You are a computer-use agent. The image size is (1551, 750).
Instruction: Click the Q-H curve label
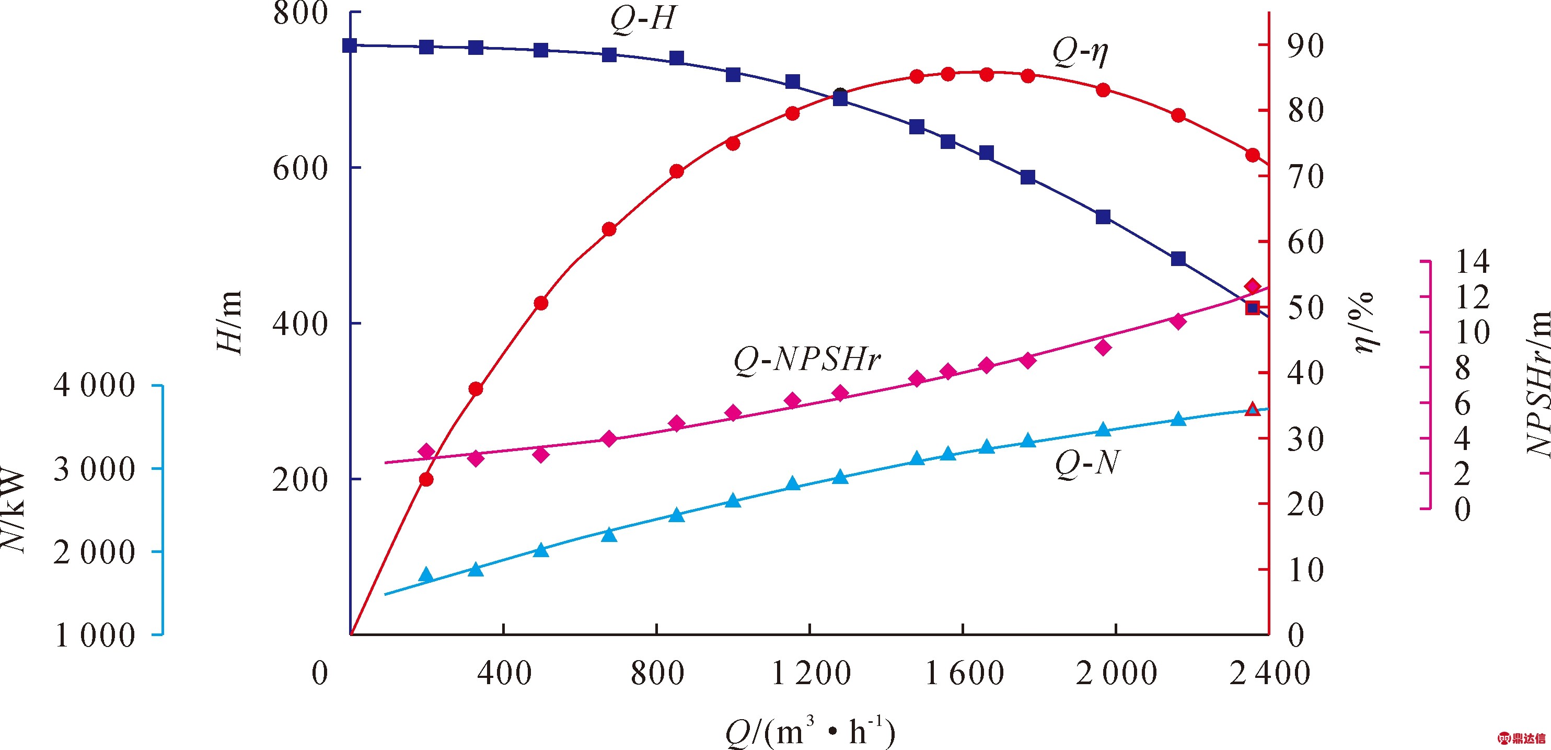643,19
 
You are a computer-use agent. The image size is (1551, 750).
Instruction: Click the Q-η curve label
1080,52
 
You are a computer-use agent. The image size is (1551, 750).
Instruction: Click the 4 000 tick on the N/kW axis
95,386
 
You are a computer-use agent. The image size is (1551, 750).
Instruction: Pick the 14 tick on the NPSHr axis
1472,262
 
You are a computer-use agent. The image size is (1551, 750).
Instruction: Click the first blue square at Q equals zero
350,45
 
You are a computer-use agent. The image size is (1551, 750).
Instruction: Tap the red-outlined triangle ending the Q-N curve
1253,410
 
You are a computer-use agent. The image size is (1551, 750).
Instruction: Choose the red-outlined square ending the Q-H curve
1253,308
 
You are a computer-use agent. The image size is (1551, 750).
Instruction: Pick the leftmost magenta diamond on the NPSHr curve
426,451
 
